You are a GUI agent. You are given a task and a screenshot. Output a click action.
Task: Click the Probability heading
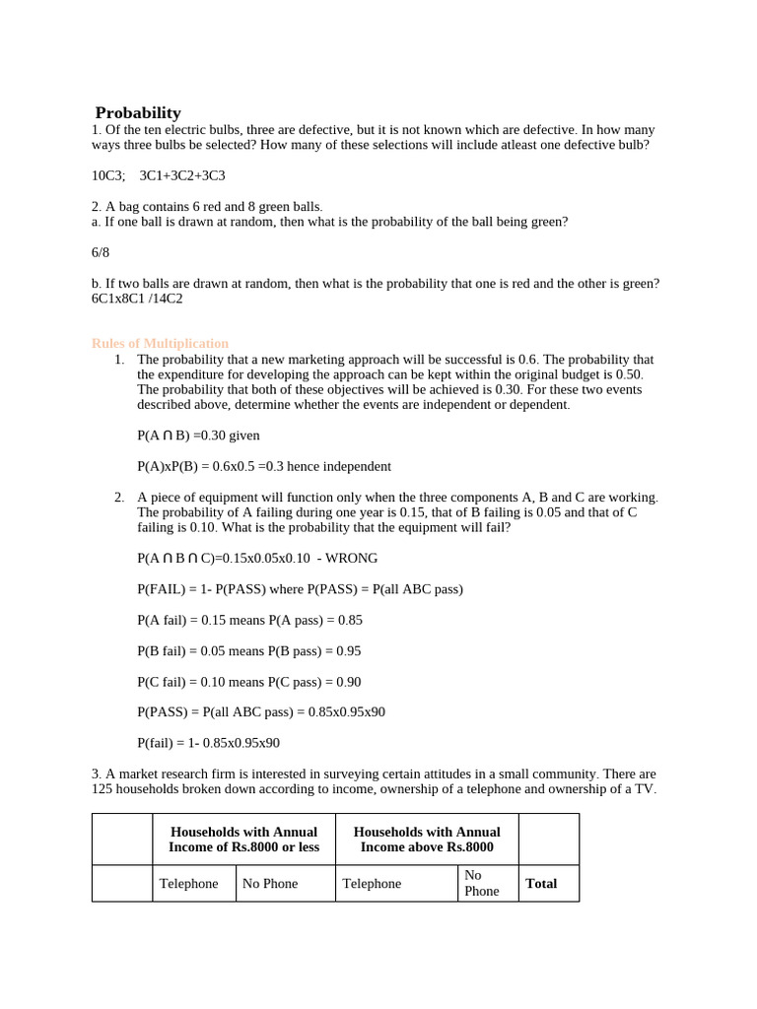point(138,112)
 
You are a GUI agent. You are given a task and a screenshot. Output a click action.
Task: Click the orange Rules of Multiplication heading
point(160,343)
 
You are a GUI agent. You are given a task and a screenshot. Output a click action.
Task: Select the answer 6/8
point(101,252)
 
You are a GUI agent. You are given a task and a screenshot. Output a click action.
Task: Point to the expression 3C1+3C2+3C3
point(182,175)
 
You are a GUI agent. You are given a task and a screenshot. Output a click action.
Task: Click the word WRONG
point(351,558)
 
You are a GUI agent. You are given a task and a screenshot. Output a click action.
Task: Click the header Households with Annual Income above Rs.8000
point(427,840)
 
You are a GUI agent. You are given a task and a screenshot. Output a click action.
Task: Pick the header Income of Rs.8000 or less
point(243,847)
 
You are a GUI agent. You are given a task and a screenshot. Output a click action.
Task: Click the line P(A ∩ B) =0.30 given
point(198,435)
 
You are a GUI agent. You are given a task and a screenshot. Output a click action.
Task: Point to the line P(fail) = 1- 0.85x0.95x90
point(208,743)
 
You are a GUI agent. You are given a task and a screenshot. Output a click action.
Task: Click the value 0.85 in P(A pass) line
point(349,620)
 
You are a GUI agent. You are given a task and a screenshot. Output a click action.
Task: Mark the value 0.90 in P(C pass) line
point(348,681)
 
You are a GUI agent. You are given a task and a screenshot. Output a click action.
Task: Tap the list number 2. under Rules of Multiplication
point(118,497)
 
